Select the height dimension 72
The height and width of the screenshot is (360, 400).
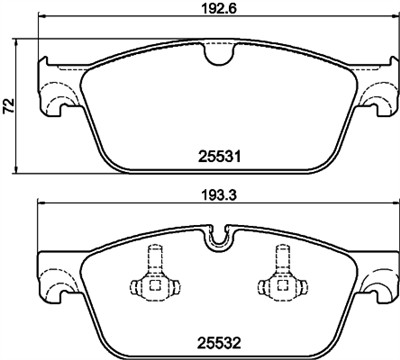point(9,105)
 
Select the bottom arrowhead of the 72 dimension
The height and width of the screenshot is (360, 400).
point(22,167)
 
